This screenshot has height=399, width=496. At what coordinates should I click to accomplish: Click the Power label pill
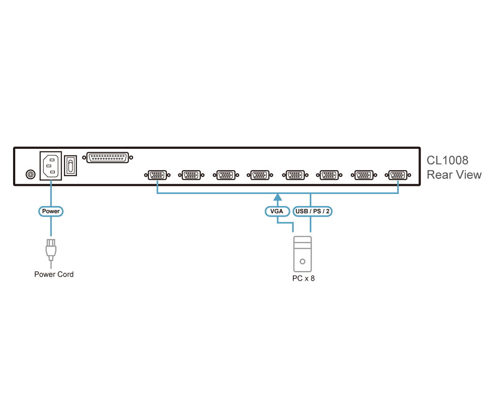point(50,211)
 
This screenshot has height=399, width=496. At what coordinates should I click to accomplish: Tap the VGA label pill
point(277,211)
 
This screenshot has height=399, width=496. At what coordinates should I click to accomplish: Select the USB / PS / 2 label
point(312,211)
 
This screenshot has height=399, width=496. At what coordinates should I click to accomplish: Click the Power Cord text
point(54,274)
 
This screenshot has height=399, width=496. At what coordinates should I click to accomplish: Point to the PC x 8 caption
point(303,278)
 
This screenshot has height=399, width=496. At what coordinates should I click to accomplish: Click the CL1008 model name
point(447,161)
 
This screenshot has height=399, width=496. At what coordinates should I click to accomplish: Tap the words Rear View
point(454,174)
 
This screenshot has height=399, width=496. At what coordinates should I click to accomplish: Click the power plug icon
point(51,250)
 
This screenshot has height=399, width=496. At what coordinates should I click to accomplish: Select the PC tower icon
point(302,254)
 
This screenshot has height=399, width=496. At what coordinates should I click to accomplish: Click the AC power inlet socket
point(50,166)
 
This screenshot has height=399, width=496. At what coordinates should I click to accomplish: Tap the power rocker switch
point(70,165)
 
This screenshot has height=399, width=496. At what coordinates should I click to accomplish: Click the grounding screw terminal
point(30,174)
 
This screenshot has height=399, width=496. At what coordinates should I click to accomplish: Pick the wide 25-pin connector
point(107,157)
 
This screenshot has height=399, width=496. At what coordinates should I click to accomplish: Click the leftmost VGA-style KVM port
point(157,175)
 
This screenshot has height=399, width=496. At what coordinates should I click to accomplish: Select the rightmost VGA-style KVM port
point(398,175)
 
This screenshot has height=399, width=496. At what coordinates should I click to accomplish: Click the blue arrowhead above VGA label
point(278,197)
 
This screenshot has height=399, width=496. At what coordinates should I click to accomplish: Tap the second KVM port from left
point(191,175)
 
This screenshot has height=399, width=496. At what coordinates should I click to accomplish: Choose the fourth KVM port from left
point(260,175)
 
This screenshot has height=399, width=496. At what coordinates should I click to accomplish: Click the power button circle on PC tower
point(302,262)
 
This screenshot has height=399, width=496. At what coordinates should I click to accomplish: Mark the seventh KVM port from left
point(364,175)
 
